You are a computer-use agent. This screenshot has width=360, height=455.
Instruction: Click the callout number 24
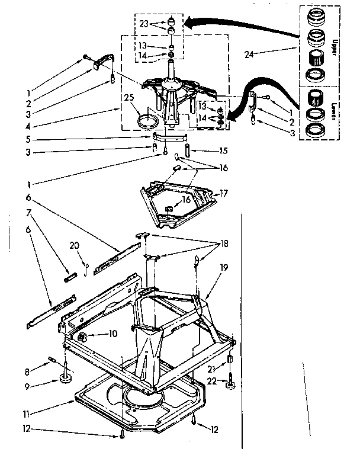click(x=249, y=55)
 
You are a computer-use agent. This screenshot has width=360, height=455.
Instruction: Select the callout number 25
click(x=128, y=98)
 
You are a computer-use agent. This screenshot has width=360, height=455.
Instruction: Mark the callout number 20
click(x=74, y=246)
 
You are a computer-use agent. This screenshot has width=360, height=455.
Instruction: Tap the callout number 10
click(x=113, y=334)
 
